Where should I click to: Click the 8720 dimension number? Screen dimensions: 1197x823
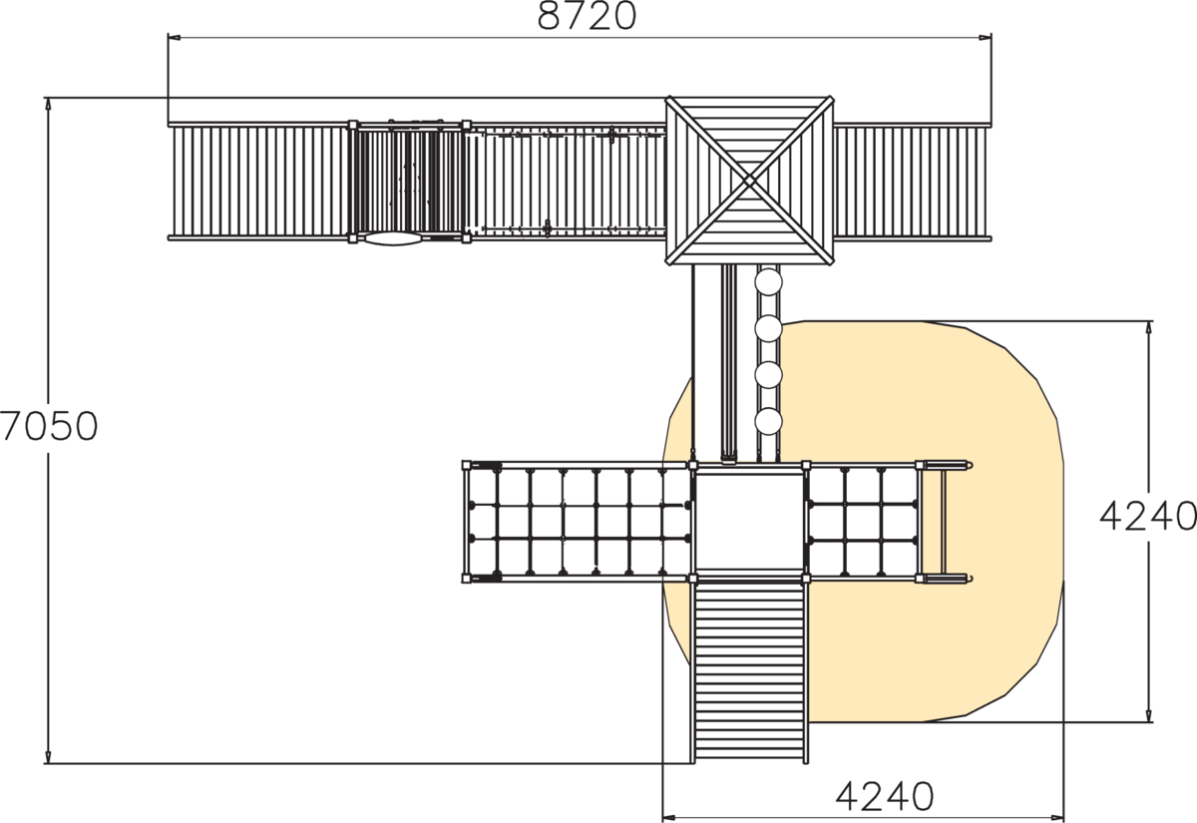pos(587,17)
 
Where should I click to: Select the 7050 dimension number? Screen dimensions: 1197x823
pos(49,426)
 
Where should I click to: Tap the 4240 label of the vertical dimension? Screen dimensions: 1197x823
pos(1148,516)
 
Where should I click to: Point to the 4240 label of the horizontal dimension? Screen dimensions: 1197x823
pos(885,797)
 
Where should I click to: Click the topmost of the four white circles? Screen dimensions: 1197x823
pos(768,281)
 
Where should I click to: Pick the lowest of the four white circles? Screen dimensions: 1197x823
pos(768,421)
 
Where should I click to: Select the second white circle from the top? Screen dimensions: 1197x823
pos(768,328)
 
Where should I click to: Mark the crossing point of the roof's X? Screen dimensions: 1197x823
pos(749,181)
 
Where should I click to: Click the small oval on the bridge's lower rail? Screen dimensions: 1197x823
pos(393,238)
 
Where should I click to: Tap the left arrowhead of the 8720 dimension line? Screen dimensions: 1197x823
pos(175,38)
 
